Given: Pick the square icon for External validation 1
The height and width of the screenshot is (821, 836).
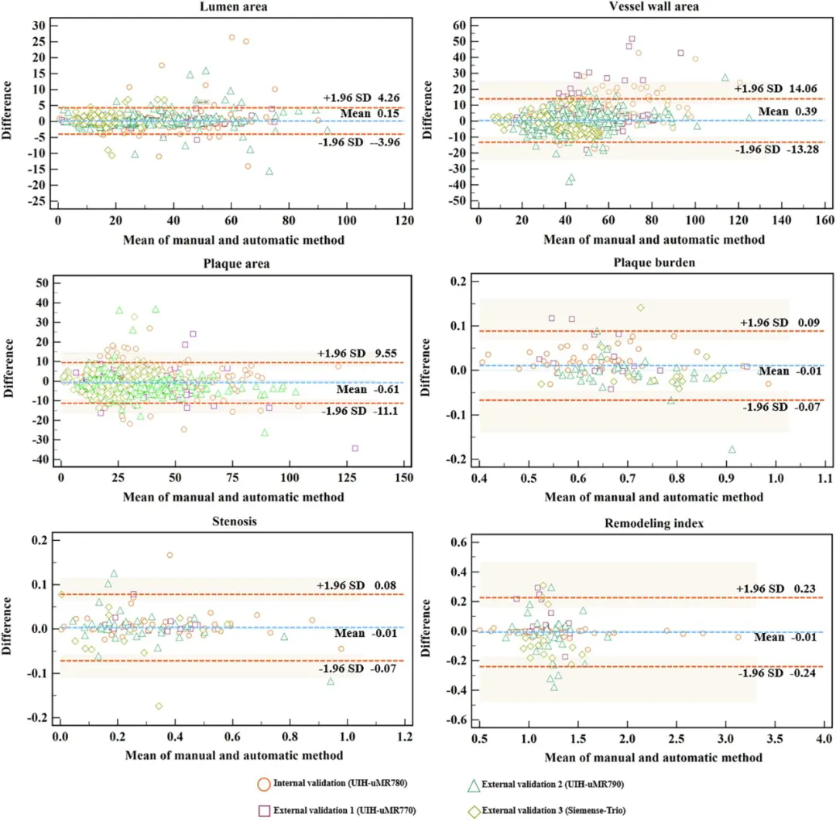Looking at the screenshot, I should (x=264, y=810).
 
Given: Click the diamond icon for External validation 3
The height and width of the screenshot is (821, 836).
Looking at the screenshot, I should (x=471, y=810).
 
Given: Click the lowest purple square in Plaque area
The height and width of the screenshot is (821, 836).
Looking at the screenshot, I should (x=355, y=448).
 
